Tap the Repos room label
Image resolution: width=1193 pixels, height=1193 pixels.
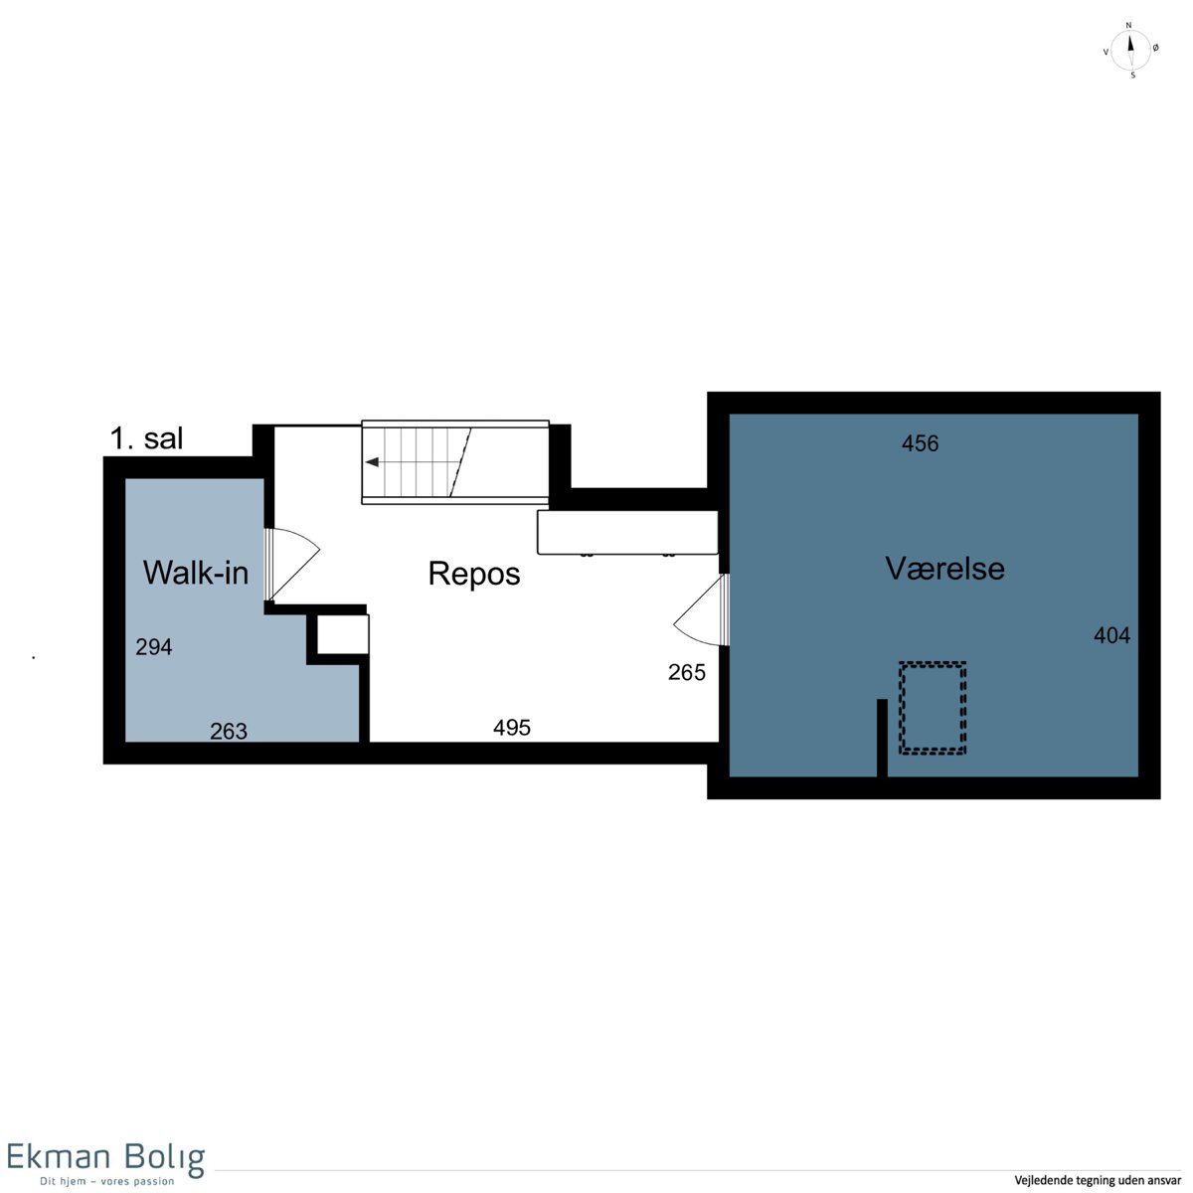point(474,574)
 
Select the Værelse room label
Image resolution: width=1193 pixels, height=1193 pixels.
point(944,569)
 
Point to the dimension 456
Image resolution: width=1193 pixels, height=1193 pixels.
point(920,443)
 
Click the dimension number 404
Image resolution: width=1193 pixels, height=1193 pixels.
point(1111,635)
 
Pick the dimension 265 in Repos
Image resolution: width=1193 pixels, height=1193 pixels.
point(687,672)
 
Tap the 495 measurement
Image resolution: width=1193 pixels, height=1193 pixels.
point(512,728)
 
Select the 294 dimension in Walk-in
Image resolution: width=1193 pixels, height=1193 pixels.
point(154,647)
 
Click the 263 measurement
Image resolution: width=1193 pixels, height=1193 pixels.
point(229,731)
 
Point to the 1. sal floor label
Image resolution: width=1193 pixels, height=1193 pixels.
point(147,438)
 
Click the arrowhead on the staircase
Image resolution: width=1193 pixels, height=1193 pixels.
point(372,462)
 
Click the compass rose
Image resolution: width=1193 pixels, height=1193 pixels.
point(1130,50)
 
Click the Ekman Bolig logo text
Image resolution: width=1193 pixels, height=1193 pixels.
point(105,1157)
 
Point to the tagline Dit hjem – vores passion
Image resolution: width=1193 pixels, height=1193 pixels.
point(107,1181)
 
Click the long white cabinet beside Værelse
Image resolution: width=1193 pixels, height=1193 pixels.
point(627,533)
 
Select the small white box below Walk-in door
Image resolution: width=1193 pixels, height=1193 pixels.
point(343,634)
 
